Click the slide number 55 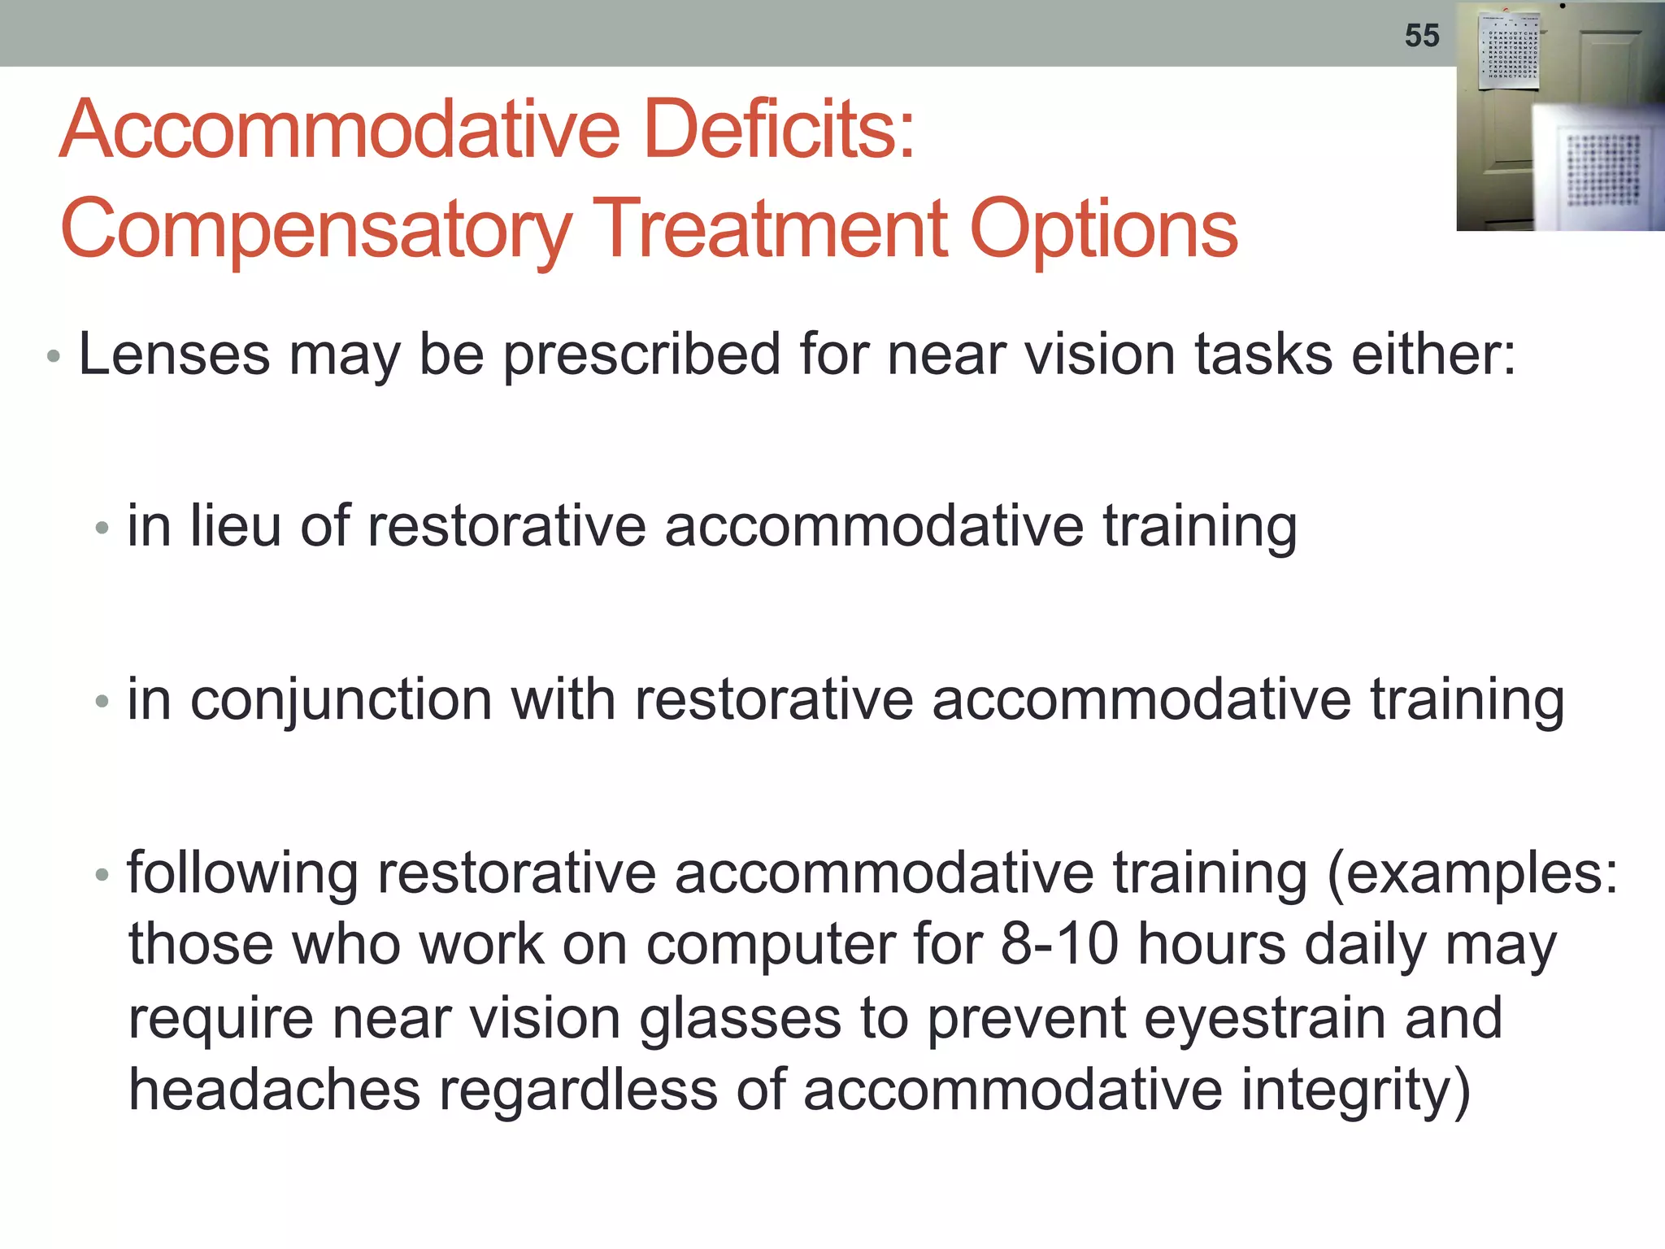[1422, 36]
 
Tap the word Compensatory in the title [316, 229]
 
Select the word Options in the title [1103, 229]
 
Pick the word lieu [236, 526]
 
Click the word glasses [740, 1019]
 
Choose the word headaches [275, 1090]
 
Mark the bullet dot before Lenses [54, 357]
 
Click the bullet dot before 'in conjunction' [102, 701]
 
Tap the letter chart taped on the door [1510, 50]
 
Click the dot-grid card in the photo [1602, 171]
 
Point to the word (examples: [1472, 874]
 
